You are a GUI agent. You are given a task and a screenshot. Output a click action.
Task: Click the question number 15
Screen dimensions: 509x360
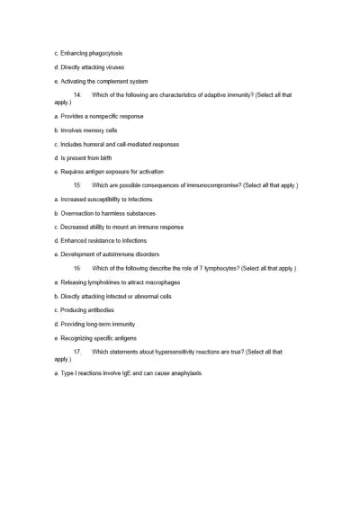point(77,185)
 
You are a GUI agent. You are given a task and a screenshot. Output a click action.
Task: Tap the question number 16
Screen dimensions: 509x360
point(77,268)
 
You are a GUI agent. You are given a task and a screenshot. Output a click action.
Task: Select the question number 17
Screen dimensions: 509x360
point(77,351)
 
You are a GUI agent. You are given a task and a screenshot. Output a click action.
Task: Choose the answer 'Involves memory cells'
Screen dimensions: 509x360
point(93,130)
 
